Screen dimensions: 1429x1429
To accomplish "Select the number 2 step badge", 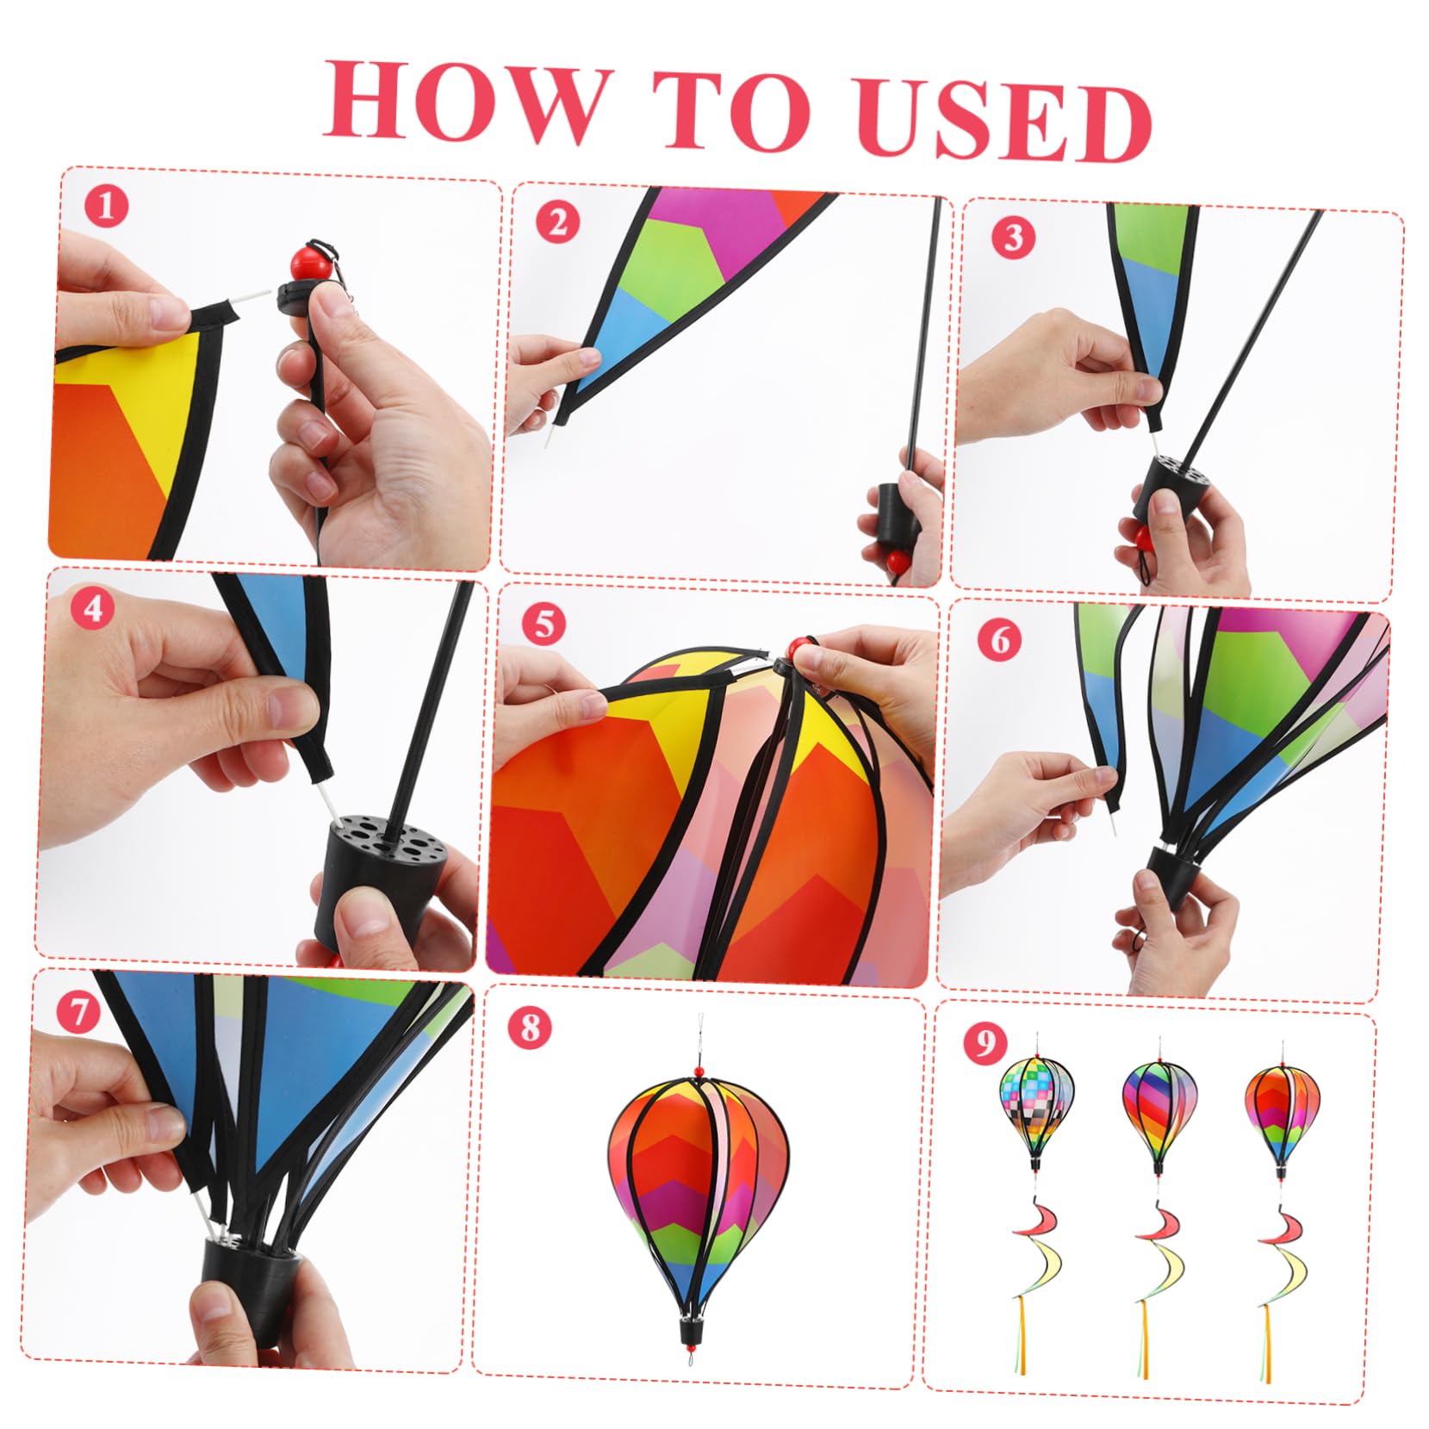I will (x=557, y=223).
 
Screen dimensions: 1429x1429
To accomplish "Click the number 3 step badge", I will (x=1013, y=236).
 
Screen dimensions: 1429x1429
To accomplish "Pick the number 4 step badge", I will (x=92, y=608).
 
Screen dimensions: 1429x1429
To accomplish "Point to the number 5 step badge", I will (x=544, y=624).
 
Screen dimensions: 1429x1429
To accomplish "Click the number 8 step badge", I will (x=529, y=1028).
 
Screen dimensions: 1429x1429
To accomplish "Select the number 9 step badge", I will (x=985, y=1043).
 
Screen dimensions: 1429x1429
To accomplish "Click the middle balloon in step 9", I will (x=1159, y=1112).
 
